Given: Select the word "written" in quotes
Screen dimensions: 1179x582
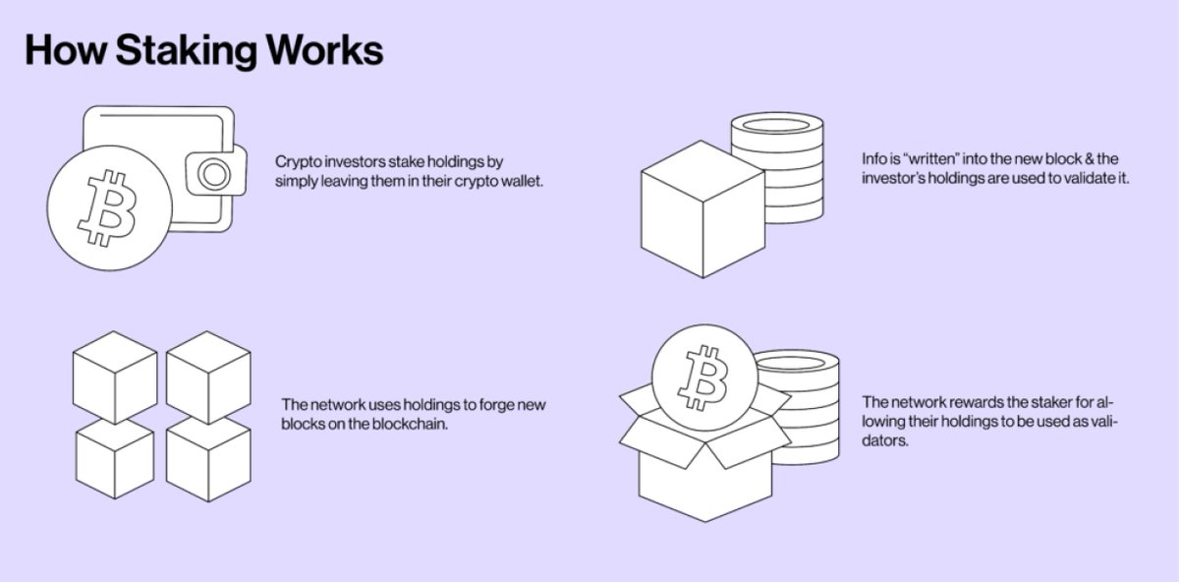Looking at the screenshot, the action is click(x=933, y=158).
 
